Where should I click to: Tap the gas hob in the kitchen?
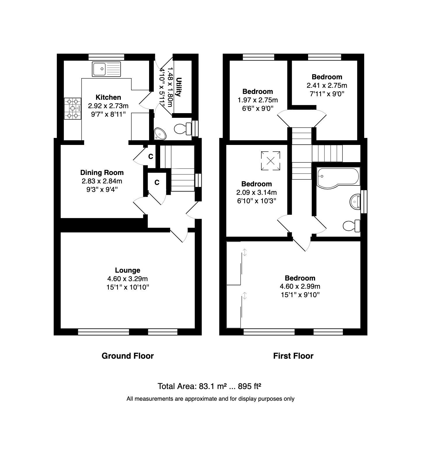[73, 108]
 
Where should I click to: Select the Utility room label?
[179, 87]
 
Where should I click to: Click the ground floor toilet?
[182, 128]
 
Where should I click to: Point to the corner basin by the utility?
[160, 134]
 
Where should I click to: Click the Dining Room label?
[102, 173]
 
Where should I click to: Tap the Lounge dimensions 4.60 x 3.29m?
[127, 279]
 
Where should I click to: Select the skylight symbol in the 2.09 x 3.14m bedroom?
[270, 160]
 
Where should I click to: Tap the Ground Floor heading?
[127, 356]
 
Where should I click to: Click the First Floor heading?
[293, 356]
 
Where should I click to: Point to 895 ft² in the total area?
[249, 386]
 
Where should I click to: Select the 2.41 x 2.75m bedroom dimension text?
[327, 85]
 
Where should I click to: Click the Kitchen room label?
[108, 97]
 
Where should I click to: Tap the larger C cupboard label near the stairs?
[157, 183]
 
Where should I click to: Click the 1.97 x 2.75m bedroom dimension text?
[258, 100]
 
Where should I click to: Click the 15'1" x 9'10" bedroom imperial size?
[300, 295]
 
